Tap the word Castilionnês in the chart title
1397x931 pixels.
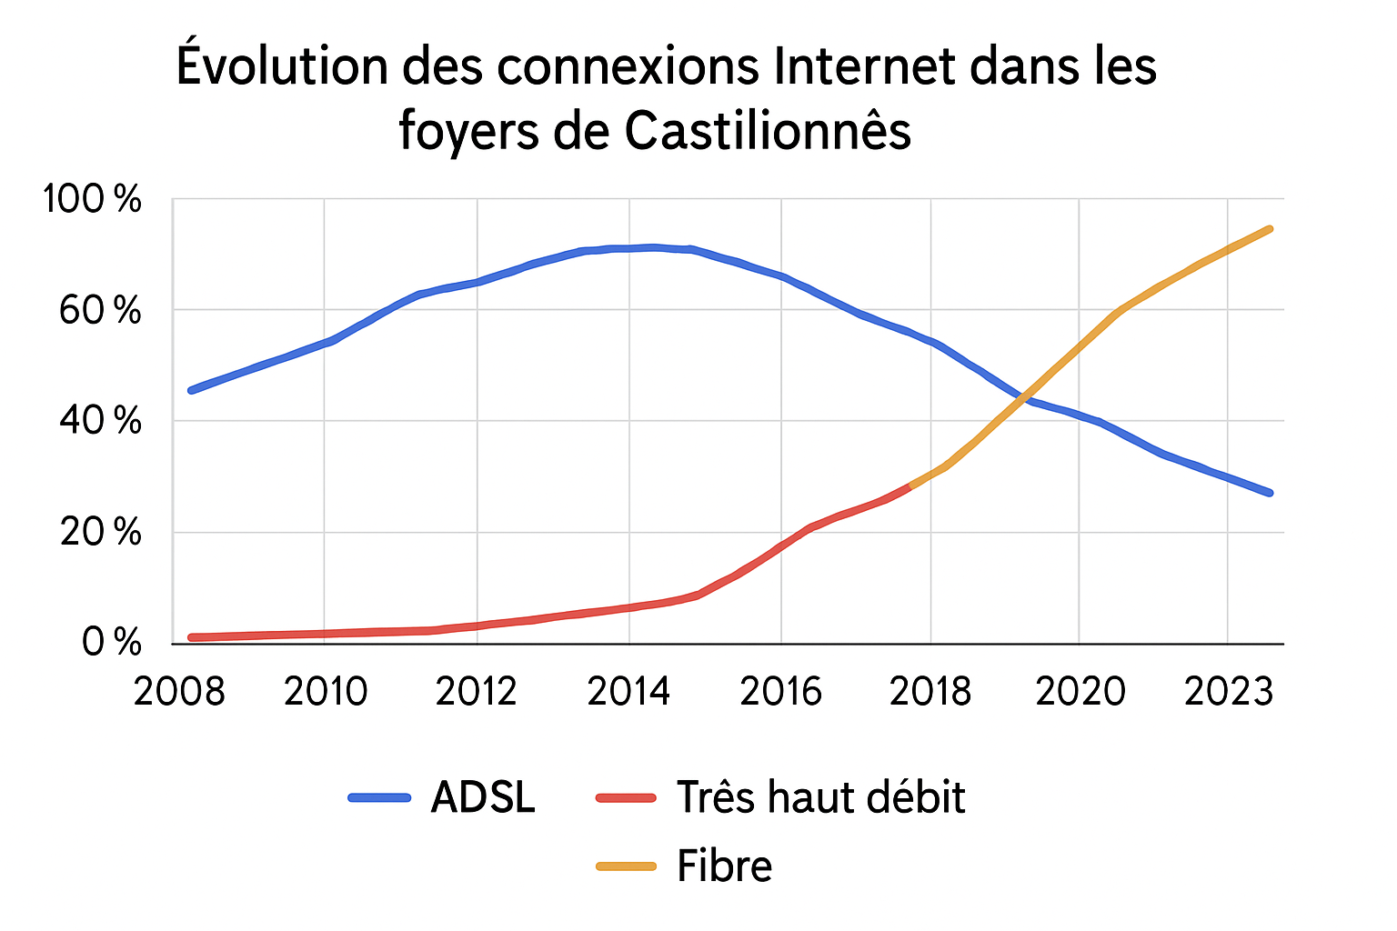click(768, 131)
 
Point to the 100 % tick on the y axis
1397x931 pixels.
click(93, 199)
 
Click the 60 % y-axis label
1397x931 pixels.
click(100, 311)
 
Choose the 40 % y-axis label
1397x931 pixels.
click(100, 422)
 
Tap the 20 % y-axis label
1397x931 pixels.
click(100, 533)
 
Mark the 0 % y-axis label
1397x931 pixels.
click(111, 643)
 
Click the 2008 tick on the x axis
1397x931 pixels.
click(179, 692)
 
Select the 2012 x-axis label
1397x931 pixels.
click(477, 692)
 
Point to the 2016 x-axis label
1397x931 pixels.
click(780, 692)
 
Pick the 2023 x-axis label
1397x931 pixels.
click(1227, 692)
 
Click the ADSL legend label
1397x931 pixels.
click(483, 797)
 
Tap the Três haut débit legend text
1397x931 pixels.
click(820, 797)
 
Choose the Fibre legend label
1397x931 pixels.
click(724, 866)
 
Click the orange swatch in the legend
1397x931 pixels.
click(626, 866)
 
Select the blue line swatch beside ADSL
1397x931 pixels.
click(379, 798)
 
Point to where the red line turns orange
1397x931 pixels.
click(910, 486)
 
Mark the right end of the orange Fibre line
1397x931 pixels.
click(1270, 229)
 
